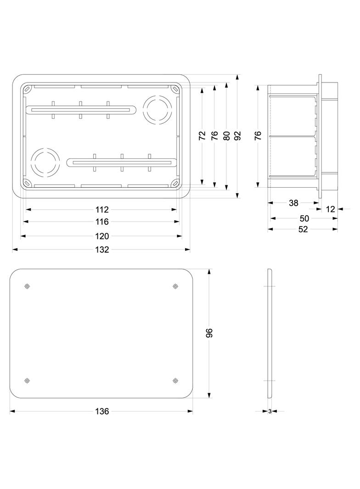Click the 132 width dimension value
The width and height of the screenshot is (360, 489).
pyautogui.click(x=102, y=250)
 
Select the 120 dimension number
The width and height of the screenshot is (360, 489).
pyautogui.click(x=102, y=236)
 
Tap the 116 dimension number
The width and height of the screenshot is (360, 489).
pyautogui.click(x=102, y=222)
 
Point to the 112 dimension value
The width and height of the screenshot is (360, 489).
pyautogui.click(x=102, y=210)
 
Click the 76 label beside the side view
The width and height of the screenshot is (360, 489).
pyautogui.click(x=258, y=135)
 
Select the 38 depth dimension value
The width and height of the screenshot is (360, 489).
pyautogui.click(x=294, y=203)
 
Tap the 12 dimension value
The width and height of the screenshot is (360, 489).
pyautogui.click(x=330, y=209)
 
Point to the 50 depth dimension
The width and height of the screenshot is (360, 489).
pyautogui.click(x=304, y=219)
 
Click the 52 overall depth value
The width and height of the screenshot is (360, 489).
pyautogui.click(x=303, y=229)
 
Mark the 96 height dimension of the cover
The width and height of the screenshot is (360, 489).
pyautogui.click(x=209, y=333)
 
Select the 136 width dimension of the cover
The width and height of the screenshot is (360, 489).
pyautogui.click(x=102, y=411)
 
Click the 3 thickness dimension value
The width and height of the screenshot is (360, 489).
pyautogui.click(x=270, y=411)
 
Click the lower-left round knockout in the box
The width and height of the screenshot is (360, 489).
pyautogui.click(x=45, y=161)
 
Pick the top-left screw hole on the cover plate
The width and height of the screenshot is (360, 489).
pyautogui.click(x=27, y=286)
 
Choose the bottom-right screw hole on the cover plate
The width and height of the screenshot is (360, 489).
pyautogui.click(x=175, y=380)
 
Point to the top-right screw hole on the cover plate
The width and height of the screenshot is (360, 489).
pyautogui.click(x=175, y=286)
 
